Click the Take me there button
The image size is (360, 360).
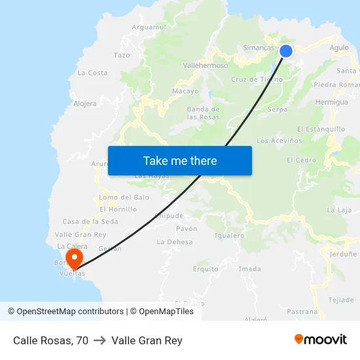point(180,160)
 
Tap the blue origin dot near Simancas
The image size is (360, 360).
point(286,51)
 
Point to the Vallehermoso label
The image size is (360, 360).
point(206,65)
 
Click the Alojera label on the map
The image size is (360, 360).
point(85,103)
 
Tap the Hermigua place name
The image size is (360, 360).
point(332,102)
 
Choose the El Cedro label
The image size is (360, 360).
point(301,160)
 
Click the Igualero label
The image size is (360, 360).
point(230,236)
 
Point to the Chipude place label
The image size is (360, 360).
point(170,215)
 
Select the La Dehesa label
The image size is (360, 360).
point(175,242)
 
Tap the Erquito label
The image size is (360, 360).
point(206,268)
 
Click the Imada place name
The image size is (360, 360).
point(250,268)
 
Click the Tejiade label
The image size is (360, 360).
point(341,300)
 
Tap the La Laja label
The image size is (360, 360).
point(340,209)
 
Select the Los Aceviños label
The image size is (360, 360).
point(279,140)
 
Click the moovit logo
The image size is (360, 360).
point(321,339)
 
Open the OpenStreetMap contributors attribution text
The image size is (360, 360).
point(65,312)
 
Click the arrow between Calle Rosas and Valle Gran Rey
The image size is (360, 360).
point(100,340)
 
